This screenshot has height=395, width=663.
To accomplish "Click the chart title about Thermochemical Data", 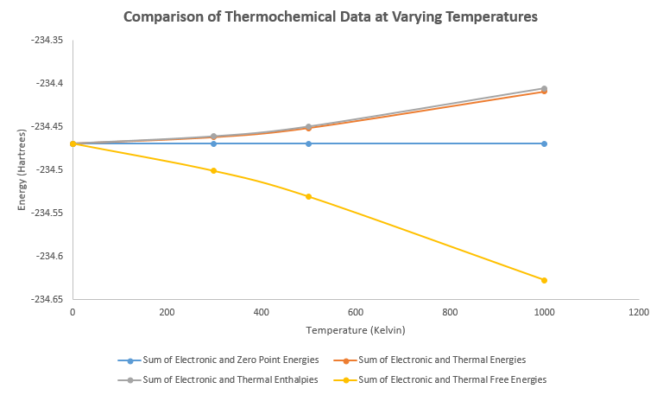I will tap(331, 16).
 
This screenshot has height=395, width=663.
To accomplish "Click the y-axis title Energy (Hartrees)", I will tap(22, 169).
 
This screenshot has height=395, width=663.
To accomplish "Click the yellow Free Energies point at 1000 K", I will tap(544, 280).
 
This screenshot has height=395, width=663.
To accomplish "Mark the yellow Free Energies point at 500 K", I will tap(308, 196).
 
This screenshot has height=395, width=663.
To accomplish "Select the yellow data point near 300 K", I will tap(214, 170).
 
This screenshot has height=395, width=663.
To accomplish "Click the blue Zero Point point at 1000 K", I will tap(544, 143).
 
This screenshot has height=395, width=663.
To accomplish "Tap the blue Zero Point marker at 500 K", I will tap(308, 143).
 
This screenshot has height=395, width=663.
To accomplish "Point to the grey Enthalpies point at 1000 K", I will tap(544, 88).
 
